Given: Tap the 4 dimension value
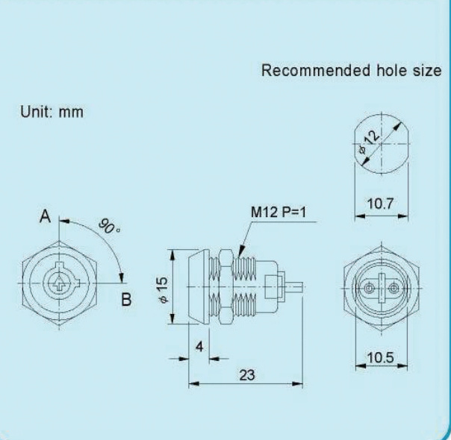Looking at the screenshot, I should coord(198,347).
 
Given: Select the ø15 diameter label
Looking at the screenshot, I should coord(164,287).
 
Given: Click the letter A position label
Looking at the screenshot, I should coord(46,218).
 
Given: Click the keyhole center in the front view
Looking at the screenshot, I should coord(58,284).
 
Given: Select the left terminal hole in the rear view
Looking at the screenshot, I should coord(368,288).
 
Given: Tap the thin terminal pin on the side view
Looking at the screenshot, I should coord(295,286).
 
